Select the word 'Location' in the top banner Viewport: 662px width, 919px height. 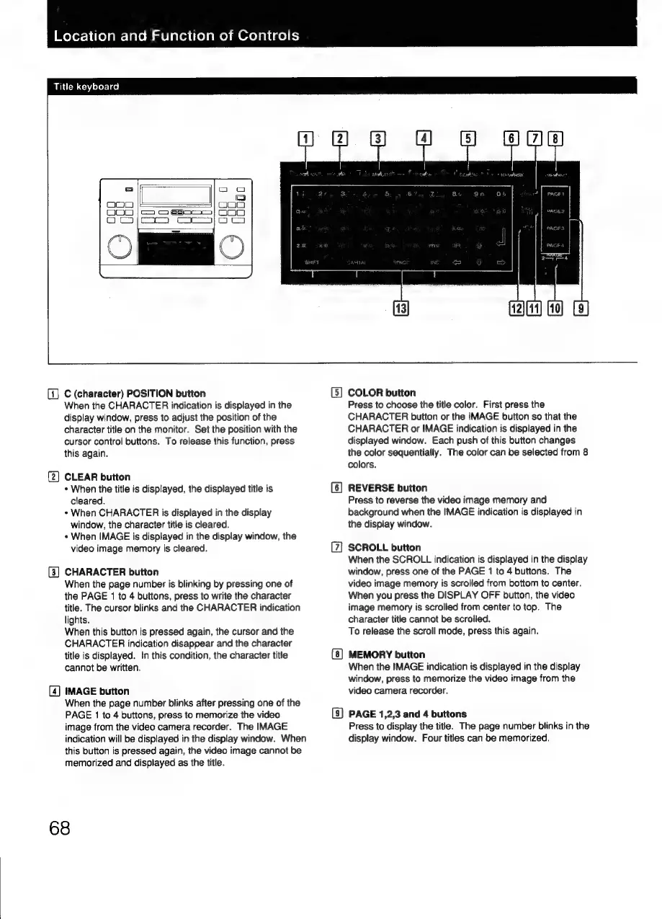(x=81, y=35)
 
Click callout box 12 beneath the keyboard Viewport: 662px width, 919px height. (x=517, y=309)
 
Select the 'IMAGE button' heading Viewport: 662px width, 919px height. (x=97, y=691)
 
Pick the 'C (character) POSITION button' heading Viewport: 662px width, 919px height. (x=135, y=393)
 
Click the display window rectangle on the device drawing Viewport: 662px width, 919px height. (x=176, y=195)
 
